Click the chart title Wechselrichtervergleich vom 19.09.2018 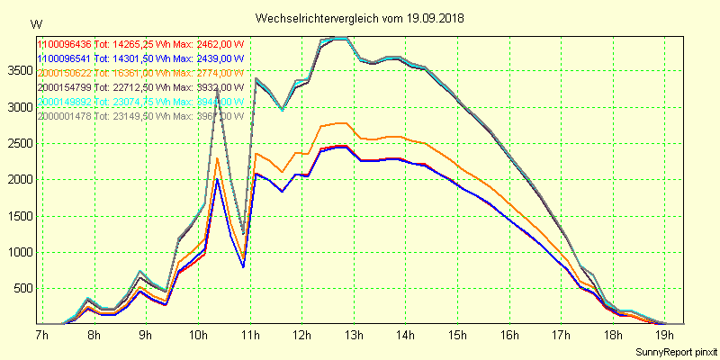(x=360, y=18)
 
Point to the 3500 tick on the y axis (x=19, y=71)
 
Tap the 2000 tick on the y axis (x=19, y=180)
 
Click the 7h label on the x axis (x=41, y=335)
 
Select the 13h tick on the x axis (x=354, y=335)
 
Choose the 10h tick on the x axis (x=197, y=335)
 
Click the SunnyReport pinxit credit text (x=675, y=350)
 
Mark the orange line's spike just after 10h (x=217, y=159)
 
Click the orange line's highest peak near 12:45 (x=340, y=122)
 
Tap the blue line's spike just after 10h (x=217, y=180)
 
